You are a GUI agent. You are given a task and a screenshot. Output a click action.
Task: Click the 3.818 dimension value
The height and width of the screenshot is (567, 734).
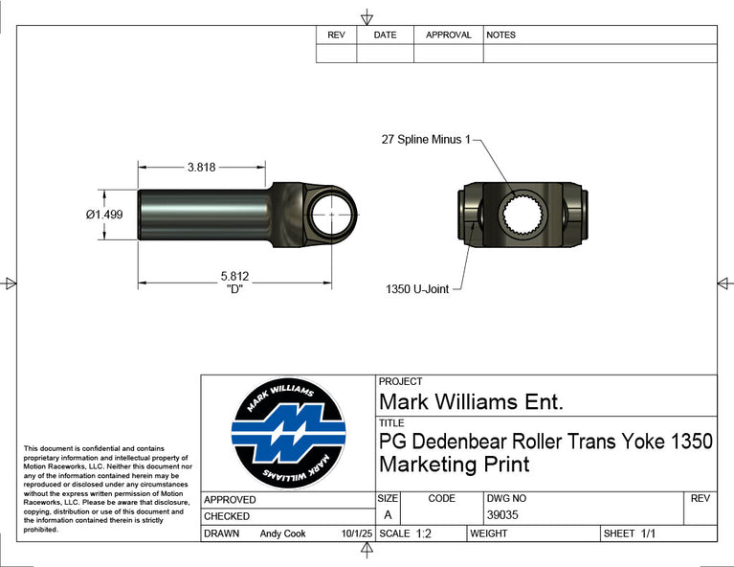point(201,168)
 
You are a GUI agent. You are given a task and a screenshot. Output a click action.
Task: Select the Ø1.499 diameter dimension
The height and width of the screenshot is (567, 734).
point(104,215)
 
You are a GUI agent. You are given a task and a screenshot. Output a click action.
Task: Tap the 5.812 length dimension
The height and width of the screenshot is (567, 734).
point(234,276)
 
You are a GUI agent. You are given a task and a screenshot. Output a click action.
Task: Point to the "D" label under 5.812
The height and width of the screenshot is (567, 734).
point(234,288)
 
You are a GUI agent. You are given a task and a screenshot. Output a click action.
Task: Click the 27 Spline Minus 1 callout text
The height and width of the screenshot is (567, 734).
point(426,140)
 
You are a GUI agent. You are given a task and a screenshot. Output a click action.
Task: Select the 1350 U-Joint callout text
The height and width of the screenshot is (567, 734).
point(417,289)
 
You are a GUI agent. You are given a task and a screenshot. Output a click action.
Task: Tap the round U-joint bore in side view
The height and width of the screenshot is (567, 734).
point(332,215)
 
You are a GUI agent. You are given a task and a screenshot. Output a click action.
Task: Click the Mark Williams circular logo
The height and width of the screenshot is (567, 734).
point(288,433)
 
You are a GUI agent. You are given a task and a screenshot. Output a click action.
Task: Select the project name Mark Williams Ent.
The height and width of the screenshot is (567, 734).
point(471,402)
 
